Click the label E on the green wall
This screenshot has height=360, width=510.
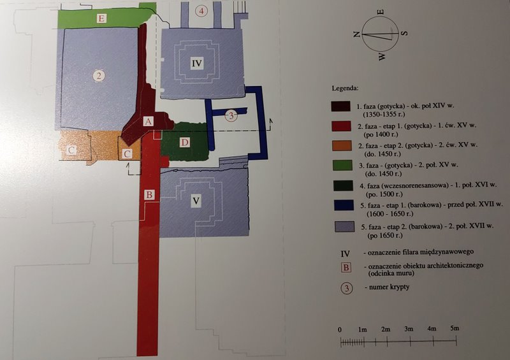coord(101,18)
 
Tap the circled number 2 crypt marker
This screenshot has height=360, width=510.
coord(99,76)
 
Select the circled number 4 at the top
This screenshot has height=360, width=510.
coord(201,11)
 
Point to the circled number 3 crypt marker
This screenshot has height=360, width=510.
coord(231,115)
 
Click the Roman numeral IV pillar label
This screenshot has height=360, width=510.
coord(197,63)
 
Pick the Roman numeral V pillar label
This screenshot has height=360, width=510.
coord(196,200)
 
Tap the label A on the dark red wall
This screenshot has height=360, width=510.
coord(148,121)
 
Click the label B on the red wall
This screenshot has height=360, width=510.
coord(149,194)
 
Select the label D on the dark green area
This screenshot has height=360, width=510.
coord(185,142)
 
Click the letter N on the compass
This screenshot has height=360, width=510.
coord(357,34)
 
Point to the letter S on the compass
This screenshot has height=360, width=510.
coord(404,33)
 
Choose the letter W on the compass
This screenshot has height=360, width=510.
coord(381,57)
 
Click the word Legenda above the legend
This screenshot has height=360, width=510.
coord(345,88)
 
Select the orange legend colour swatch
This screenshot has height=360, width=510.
coord(342,146)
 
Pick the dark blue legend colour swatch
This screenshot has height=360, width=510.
coord(344,206)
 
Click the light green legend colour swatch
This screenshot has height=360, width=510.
coord(342,166)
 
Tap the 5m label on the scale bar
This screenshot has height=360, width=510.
coord(455,328)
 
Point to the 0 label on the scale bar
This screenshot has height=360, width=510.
coord(340,330)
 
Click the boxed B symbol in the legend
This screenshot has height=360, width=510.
coord(346,268)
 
